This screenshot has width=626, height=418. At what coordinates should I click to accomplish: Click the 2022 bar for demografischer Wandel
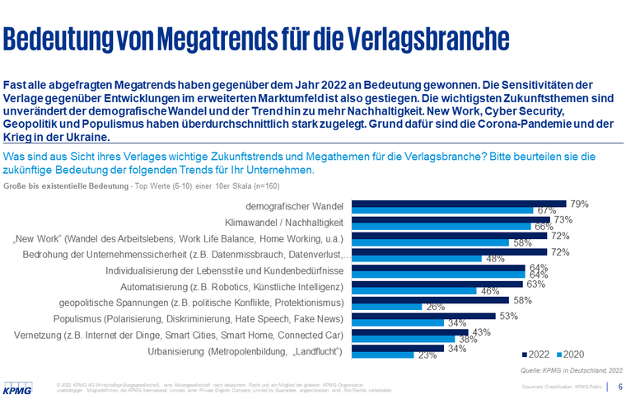pos(459,204)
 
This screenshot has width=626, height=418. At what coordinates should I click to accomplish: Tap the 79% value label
pos(579,202)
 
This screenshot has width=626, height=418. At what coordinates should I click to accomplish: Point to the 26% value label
pos(437,307)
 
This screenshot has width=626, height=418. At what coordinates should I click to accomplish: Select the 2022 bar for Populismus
pos(424,315)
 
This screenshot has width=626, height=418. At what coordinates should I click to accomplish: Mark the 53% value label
pos(508,314)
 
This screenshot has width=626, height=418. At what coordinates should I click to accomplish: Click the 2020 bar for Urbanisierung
pos(384,355)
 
